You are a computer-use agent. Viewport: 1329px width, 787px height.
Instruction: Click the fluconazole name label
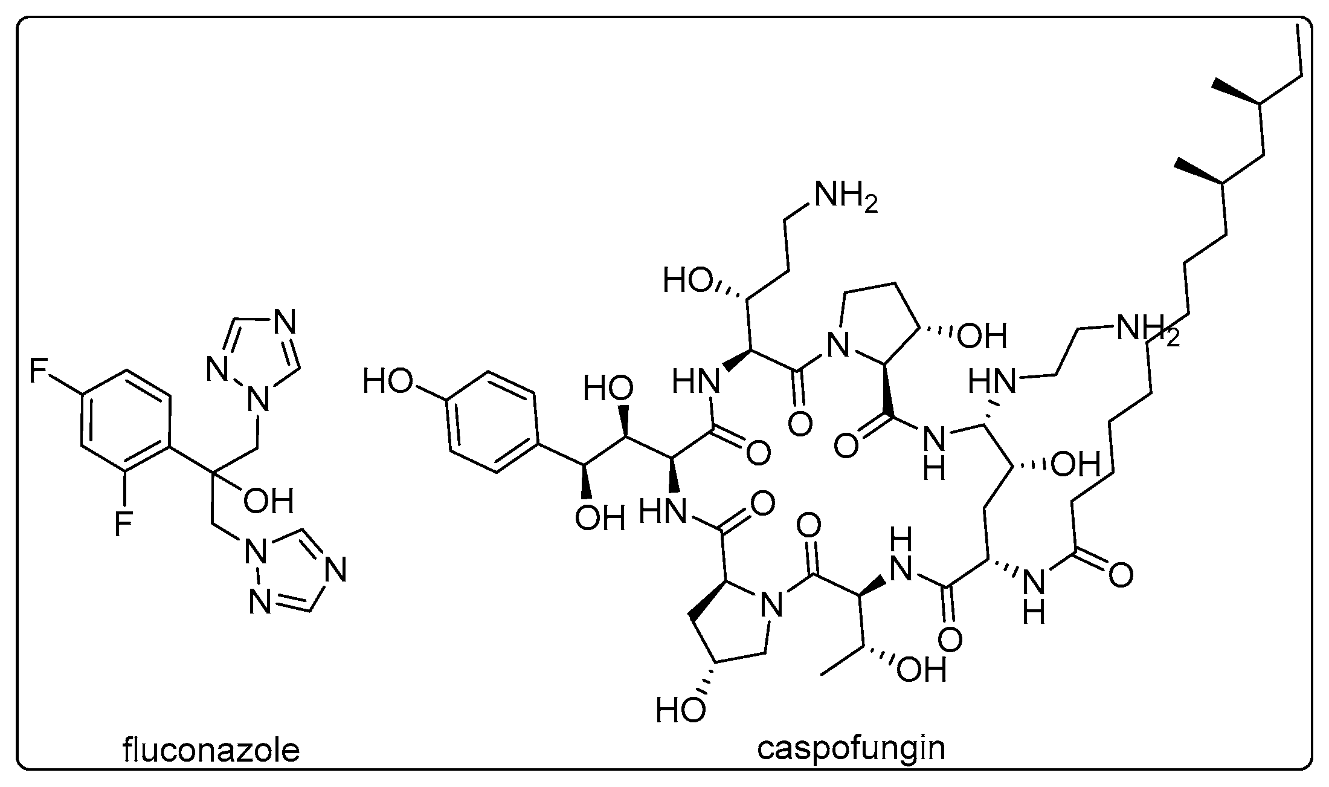211,751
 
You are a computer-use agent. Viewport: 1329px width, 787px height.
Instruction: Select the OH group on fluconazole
268,501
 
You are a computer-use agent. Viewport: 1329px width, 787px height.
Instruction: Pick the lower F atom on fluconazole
123,523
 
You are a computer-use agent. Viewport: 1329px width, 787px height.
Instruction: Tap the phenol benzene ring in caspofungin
492,421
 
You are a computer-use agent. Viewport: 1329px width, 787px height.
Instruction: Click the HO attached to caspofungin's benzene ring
388,381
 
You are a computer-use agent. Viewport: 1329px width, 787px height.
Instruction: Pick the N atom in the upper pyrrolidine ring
837,346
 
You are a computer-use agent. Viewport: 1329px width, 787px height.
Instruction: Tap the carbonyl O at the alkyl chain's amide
1120,575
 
